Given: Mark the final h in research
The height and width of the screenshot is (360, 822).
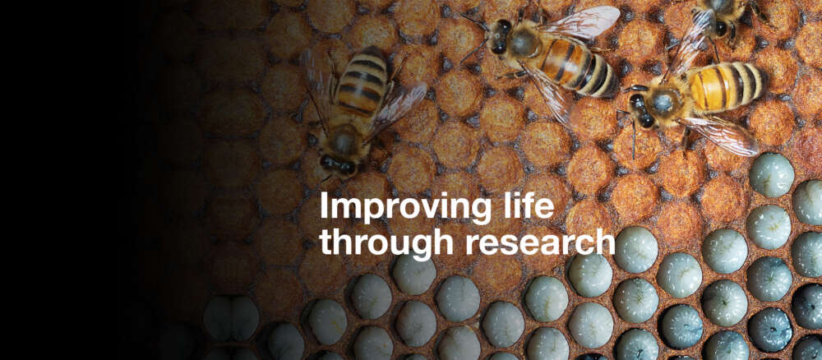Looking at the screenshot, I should (606, 239).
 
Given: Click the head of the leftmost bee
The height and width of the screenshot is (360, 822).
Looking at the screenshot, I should (336, 160).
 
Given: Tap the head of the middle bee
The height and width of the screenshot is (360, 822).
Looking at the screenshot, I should (499, 38).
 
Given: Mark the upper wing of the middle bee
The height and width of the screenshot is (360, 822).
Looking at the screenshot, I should (585, 23).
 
